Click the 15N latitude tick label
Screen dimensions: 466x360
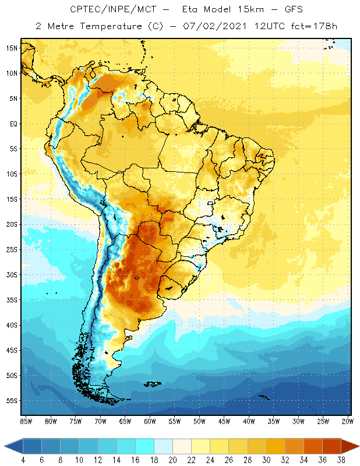(12, 48)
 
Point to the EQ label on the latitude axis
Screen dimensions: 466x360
(12, 123)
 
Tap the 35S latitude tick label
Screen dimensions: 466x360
(12, 300)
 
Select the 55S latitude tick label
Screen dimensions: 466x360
(12, 401)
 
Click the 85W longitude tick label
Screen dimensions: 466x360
(26, 421)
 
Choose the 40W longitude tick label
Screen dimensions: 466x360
(249, 421)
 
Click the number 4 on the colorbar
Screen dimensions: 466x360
(22, 459)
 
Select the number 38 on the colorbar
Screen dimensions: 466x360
(340, 459)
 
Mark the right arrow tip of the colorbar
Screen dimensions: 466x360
(357, 446)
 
